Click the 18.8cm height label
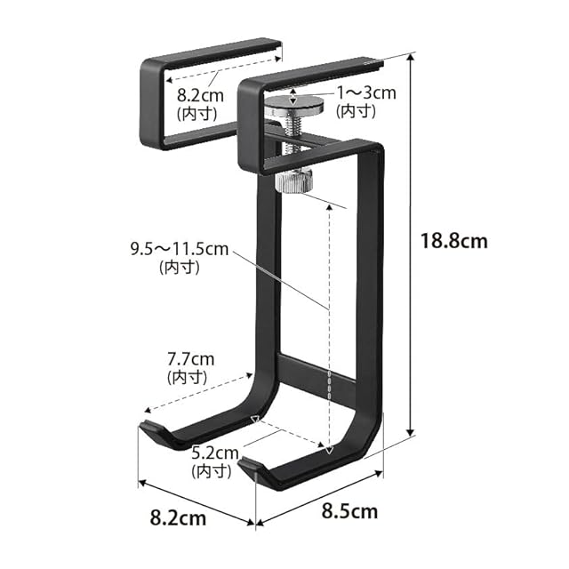453,241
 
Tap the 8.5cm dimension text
349,511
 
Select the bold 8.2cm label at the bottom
178,517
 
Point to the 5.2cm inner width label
215,453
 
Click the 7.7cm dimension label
190,359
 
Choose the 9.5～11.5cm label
180,249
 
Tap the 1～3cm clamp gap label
366,92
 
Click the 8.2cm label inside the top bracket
200,95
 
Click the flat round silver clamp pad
294,105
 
